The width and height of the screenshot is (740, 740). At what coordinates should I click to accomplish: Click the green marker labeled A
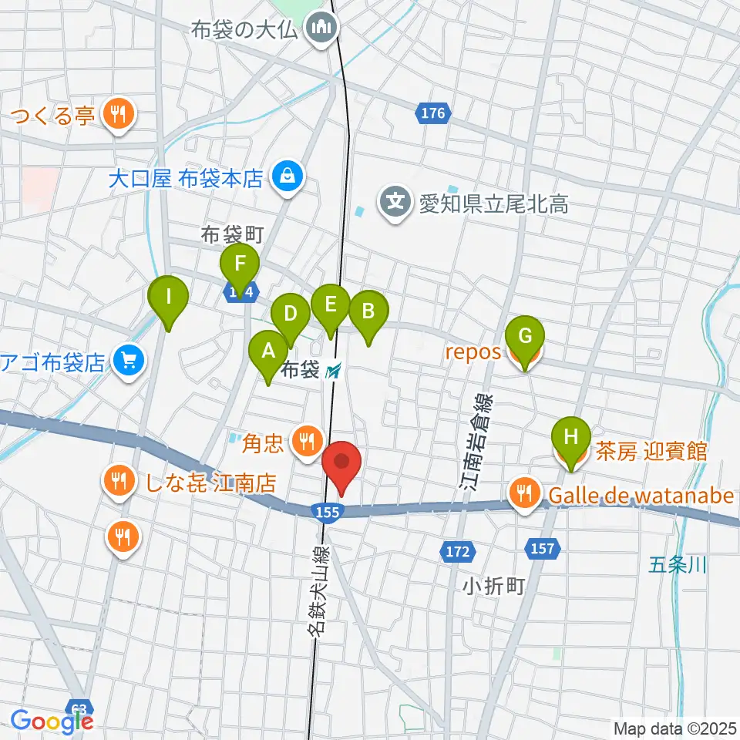click(268, 351)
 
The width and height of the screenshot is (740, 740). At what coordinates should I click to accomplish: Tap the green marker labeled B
click(368, 311)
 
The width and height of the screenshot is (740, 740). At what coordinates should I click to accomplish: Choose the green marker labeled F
click(240, 264)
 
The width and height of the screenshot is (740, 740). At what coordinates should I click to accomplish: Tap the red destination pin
click(341, 464)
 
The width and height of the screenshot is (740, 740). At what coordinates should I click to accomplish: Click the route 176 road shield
click(433, 114)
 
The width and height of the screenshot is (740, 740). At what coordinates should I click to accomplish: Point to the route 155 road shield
click(325, 510)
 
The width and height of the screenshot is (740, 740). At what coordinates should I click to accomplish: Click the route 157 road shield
click(542, 548)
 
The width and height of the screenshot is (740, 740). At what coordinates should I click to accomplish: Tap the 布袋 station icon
click(334, 372)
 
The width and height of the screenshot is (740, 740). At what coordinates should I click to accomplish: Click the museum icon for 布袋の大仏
click(321, 29)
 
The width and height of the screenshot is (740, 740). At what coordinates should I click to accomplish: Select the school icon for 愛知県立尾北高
click(395, 203)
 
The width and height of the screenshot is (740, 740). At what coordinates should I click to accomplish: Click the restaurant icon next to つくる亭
click(118, 116)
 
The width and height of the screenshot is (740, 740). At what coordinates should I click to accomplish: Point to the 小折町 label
click(493, 587)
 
